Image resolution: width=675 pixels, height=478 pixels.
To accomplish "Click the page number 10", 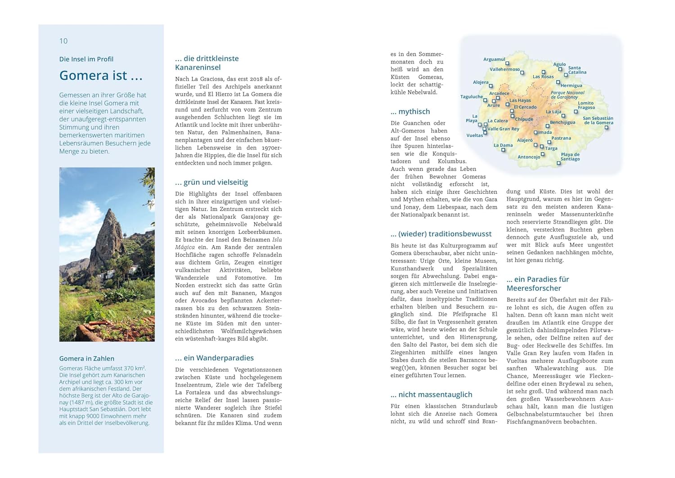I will (63, 41).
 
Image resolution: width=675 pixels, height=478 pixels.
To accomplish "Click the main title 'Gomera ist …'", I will (101, 75).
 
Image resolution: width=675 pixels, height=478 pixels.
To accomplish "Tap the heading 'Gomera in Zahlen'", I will (87, 359).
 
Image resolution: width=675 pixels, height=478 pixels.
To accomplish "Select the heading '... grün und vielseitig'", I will (211, 182).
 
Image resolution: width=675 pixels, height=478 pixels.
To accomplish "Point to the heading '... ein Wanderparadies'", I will (214, 358).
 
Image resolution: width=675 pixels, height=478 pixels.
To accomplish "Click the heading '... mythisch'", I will (410, 112).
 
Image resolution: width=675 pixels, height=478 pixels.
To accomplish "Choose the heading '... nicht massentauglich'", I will (432, 395).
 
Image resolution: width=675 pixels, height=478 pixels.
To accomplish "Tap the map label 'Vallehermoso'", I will (504, 69).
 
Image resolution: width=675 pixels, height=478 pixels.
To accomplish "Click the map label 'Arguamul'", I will (494, 59).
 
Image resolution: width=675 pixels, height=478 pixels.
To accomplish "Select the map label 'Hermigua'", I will (571, 86).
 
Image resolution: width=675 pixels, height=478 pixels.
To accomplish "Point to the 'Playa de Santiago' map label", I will (570, 157).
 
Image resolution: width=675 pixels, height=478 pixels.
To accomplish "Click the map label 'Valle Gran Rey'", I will (503, 129).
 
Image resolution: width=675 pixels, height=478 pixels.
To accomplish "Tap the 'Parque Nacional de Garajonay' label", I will (567, 95).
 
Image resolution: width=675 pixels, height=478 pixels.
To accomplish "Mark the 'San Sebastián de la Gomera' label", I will (598, 120).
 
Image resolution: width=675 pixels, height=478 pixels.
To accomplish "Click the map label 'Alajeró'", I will (525, 140).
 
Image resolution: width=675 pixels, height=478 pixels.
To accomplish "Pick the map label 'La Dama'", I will (503, 145).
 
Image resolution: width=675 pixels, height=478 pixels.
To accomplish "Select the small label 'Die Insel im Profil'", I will (86, 59).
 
